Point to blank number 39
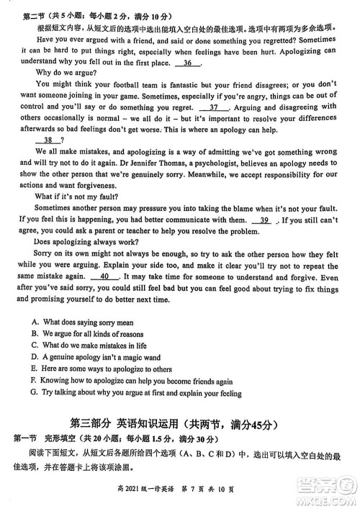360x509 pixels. tap(264, 220)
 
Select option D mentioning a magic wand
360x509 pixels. tap(96, 358)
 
